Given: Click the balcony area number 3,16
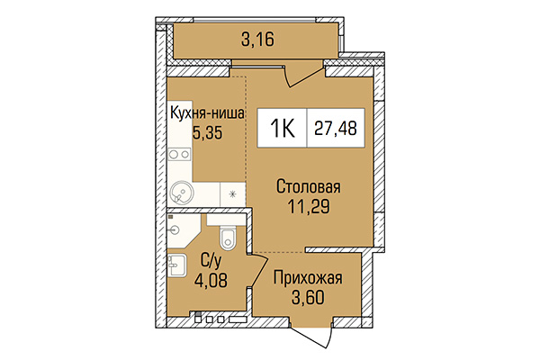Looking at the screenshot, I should (257, 39).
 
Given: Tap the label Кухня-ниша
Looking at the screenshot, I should (208, 112).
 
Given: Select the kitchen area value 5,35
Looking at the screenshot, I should (207, 131).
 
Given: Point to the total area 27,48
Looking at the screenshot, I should (333, 128).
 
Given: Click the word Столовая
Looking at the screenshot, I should (308, 187).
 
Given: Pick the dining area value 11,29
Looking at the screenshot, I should (308, 208).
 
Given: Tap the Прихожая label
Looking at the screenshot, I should (308, 277).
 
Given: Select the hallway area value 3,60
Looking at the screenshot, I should (308, 297).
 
